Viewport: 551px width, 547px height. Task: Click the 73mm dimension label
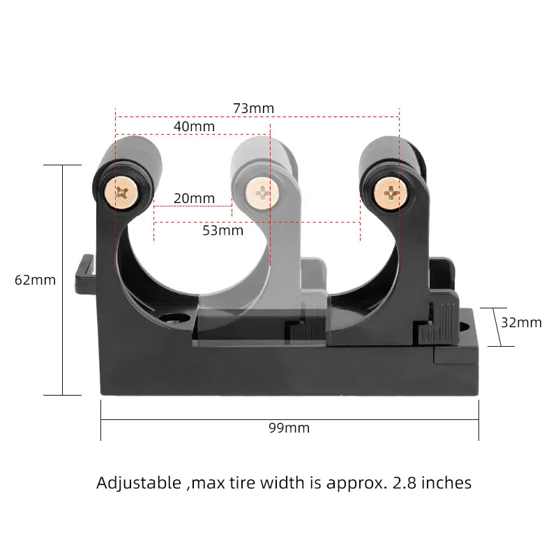(253, 108)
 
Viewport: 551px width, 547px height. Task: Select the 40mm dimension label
(194, 126)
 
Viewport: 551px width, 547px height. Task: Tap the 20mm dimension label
(194, 198)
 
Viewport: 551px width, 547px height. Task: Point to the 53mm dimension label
(222, 230)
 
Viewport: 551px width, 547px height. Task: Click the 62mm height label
(35, 280)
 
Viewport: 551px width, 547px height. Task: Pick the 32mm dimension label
(521, 322)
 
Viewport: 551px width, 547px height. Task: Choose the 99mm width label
(289, 428)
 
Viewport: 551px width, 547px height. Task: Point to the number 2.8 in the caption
(404, 483)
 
